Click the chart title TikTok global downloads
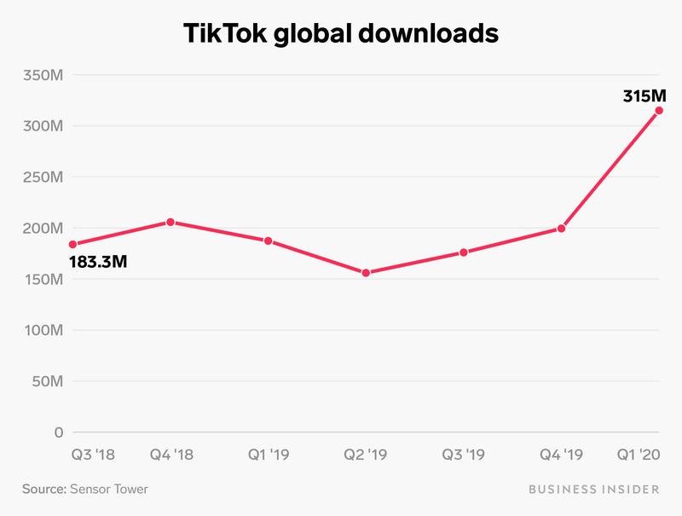[x=341, y=34]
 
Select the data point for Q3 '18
[x=72, y=245]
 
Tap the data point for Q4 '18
[x=170, y=222]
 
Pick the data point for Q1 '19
[x=269, y=241]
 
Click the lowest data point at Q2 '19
[x=367, y=273]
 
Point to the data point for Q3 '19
[x=464, y=252]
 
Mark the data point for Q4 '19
[x=561, y=229]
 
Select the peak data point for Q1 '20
[x=659, y=110]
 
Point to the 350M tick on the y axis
[x=40, y=75]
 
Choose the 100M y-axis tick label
[x=40, y=330]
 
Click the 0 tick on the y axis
[x=57, y=432]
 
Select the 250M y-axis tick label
[x=40, y=177]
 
